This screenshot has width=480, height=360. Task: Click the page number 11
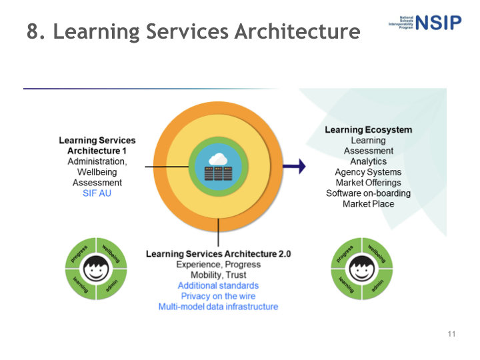click(451, 333)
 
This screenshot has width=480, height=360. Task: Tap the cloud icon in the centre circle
click(219, 159)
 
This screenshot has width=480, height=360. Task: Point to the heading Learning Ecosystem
click(368, 130)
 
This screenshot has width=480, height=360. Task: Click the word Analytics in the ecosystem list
click(368, 161)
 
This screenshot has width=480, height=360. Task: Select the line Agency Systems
click(368, 172)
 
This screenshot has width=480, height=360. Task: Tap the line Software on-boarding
click(368, 193)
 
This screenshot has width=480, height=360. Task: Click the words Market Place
click(368, 204)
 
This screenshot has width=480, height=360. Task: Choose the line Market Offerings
click(368, 183)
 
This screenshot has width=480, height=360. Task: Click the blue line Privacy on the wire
click(218, 296)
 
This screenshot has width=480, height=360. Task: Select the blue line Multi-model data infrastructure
click(218, 307)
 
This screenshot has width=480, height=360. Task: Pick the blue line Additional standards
click(218, 285)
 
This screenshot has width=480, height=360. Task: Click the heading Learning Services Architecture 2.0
click(218, 254)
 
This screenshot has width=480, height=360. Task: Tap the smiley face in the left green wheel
click(97, 269)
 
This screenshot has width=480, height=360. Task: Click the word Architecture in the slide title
click(297, 31)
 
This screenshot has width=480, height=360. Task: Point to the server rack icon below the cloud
click(219, 173)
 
